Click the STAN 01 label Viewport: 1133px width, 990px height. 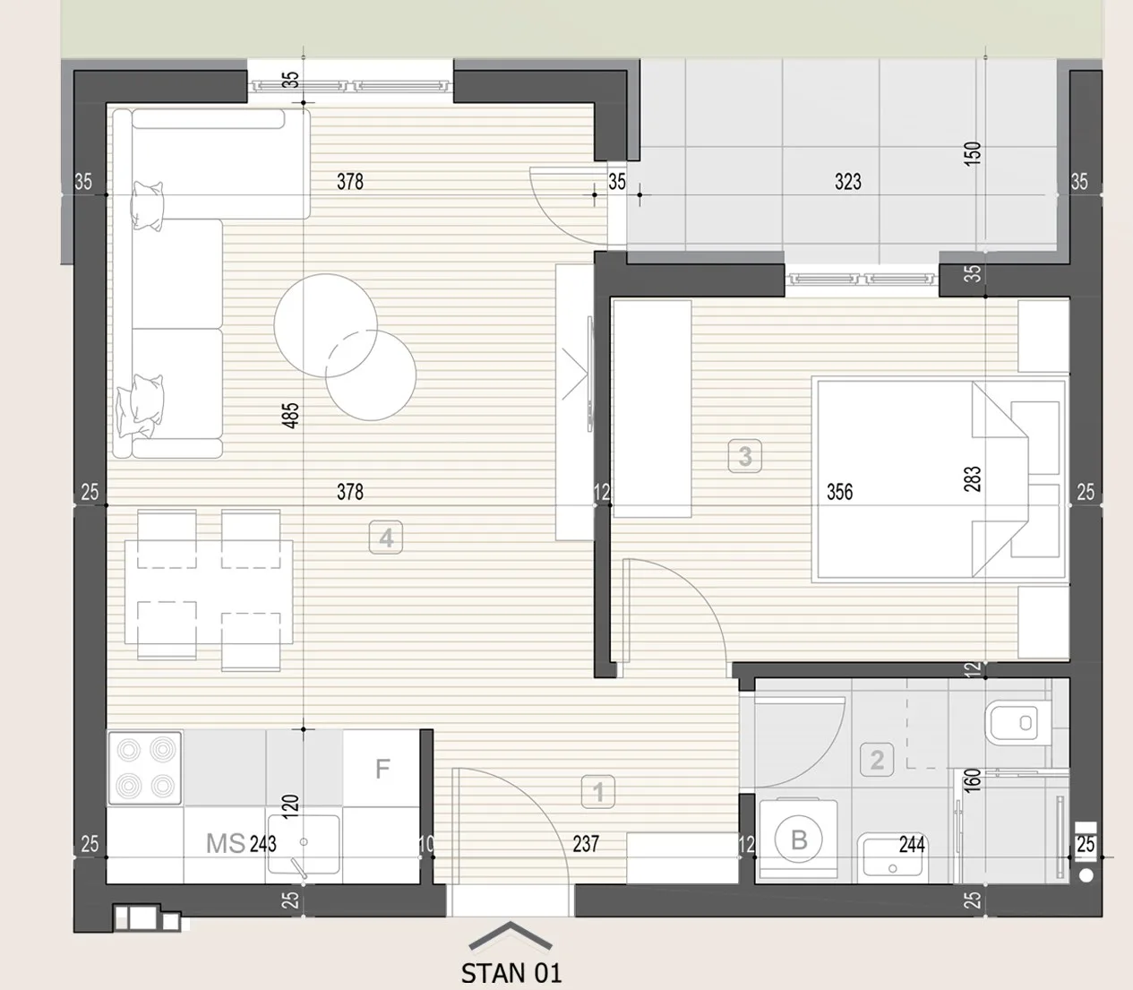(511, 973)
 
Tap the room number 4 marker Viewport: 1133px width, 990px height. (386, 538)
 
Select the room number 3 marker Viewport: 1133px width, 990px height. (745, 456)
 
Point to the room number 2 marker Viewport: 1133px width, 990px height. (877, 760)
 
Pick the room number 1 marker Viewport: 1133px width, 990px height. (598, 791)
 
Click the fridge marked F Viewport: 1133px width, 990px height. (382, 768)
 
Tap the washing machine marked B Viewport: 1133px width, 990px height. (798, 839)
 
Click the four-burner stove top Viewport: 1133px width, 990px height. (145, 768)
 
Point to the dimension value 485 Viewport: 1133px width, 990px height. (290, 415)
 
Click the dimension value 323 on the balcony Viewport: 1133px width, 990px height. (848, 182)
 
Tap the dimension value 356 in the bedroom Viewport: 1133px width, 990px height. (839, 491)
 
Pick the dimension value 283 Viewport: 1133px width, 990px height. (972, 479)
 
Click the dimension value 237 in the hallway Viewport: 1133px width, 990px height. (586, 844)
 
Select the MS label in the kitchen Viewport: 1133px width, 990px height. (226, 844)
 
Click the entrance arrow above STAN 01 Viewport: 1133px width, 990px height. (510, 935)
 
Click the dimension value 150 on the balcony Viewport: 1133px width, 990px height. (972, 153)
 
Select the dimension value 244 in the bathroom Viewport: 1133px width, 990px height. (912, 844)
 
